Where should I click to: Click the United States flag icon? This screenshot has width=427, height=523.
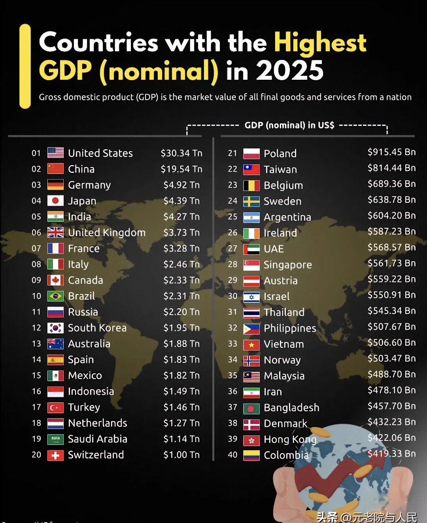[x=55, y=153]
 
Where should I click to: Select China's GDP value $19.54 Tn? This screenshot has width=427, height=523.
[x=181, y=169]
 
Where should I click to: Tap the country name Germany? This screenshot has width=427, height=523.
[x=89, y=185]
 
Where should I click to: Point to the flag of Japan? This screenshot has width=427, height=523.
[x=55, y=201]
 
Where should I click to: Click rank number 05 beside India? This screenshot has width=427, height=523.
[x=36, y=217]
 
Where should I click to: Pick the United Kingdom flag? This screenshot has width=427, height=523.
[x=55, y=232]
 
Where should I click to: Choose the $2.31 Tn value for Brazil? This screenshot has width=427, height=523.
[x=181, y=296]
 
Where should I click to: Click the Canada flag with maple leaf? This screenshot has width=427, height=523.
[x=55, y=280]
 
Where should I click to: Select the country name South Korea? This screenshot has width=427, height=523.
[x=97, y=328]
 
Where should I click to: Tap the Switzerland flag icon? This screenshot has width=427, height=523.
[x=55, y=455]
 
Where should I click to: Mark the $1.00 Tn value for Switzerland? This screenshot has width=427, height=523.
[x=181, y=455]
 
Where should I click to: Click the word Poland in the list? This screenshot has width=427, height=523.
[x=280, y=154]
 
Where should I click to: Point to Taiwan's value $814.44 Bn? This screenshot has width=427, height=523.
[x=391, y=168]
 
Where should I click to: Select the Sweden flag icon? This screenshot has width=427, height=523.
[x=251, y=201]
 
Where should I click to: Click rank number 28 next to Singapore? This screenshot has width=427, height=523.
[x=232, y=264]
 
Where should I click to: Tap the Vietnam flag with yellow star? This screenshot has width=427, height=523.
[x=251, y=345]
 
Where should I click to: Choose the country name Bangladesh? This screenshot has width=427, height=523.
[x=291, y=408]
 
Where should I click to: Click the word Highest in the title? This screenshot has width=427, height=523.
[x=320, y=42]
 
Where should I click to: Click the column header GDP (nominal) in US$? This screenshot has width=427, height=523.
[x=289, y=126]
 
